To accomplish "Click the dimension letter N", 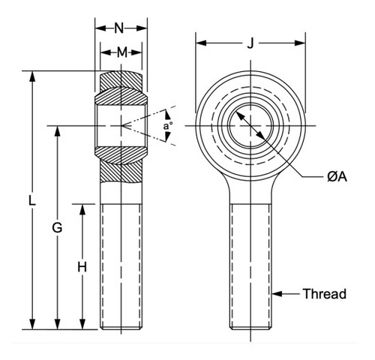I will pos(120,28).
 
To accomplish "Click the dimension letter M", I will pos(120,52).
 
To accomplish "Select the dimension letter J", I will pos(250,43).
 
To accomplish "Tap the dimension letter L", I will pos(31,201).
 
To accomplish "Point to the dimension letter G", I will pos(57,227).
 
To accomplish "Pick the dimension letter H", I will pos(82,266).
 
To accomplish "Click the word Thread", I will pos(325,293).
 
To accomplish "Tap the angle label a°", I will pos(167,126).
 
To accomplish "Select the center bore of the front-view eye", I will pos(250,124).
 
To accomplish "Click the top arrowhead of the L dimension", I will pos(31,76).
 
